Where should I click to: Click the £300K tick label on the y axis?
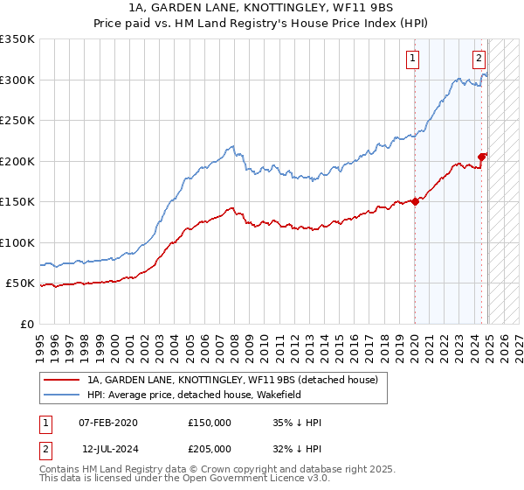coord(17,80)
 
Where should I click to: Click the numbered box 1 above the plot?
coord(412,59)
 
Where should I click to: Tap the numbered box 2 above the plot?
coord(479,59)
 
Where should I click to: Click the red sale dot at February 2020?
coord(415,201)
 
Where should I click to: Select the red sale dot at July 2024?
coord(482,157)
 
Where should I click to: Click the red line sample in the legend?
coord(61,380)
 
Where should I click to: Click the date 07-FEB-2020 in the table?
coord(108,423)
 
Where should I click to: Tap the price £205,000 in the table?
coord(209,448)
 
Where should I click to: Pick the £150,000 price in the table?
coord(209,423)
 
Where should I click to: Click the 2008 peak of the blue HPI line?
coord(232,146)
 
